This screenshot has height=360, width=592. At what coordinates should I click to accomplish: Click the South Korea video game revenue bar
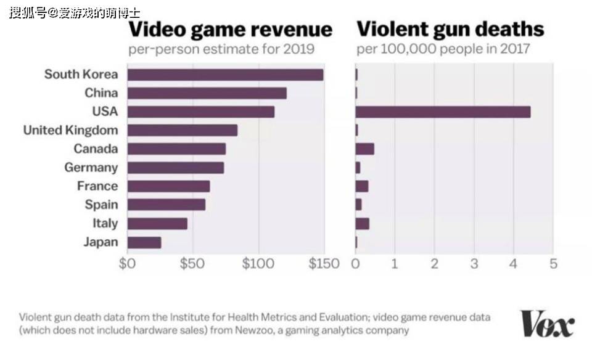click(225, 75)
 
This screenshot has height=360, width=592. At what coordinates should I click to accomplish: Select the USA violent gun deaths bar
click(443, 112)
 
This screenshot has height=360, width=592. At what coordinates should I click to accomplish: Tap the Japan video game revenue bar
click(144, 242)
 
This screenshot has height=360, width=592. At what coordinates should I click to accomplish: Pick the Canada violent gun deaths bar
click(364, 149)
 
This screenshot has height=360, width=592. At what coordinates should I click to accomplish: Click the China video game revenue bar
click(207, 93)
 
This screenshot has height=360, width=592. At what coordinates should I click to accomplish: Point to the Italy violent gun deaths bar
click(362, 224)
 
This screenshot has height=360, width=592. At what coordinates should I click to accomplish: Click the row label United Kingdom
click(70, 130)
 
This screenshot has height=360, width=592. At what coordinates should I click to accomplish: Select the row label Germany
click(91, 168)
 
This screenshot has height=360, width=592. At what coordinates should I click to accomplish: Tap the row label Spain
click(101, 205)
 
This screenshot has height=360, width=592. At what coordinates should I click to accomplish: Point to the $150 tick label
click(324, 264)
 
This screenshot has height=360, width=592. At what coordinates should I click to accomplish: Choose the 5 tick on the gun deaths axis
click(553, 264)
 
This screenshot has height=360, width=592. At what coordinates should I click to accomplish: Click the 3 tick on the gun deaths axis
click(474, 264)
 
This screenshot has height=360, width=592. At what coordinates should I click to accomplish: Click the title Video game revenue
click(230, 29)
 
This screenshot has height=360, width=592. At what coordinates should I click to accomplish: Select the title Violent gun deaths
click(450, 29)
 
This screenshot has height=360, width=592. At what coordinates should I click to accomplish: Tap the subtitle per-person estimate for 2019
click(221, 49)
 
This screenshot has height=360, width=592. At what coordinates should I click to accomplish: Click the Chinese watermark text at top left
click(74, 12)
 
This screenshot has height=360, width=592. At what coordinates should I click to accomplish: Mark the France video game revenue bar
click(168, 186)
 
